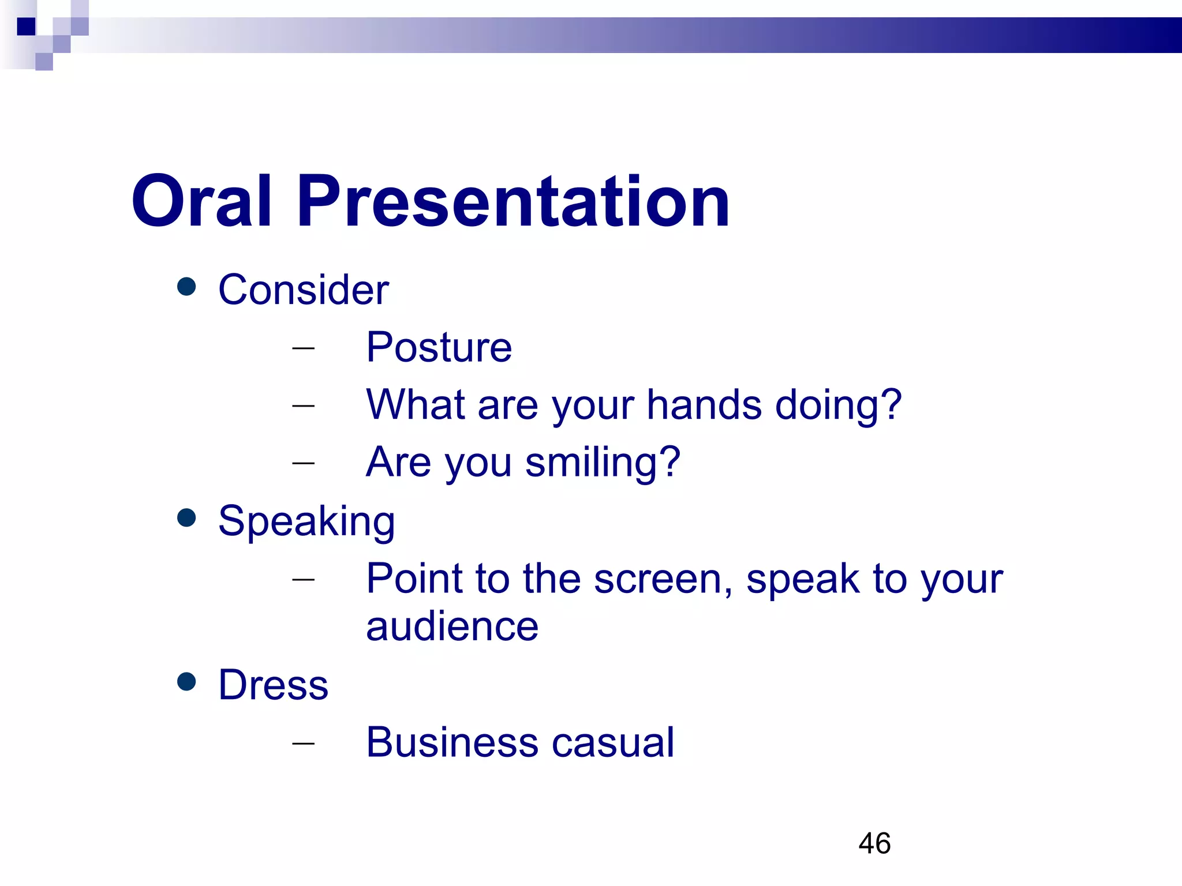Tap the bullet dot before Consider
[x=186, y=287]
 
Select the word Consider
[x=303, y=290]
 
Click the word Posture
[x=439, y=347]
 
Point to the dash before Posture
[x=304, y=348]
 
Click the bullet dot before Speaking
[x=186, y=517]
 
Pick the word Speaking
[x=306, y=521]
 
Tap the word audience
[x=452, y=626]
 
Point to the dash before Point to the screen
[x=304, y=579]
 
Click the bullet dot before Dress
[x=186, y=681]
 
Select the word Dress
[x=273, y=685]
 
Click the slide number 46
[x=874, y=843]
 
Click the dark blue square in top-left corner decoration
[x=26, y=27]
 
